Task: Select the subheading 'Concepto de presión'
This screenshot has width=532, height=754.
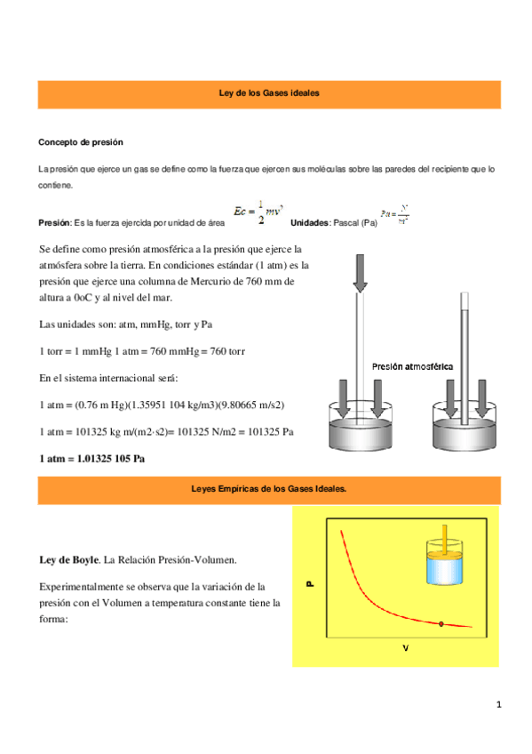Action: [80, 142]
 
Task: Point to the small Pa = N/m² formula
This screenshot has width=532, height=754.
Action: [394, 215]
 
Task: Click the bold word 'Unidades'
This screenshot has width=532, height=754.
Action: [309, 222]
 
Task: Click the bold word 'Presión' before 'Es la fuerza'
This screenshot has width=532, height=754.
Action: [55, 222]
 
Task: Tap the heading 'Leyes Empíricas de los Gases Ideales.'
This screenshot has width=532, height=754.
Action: [268, 489]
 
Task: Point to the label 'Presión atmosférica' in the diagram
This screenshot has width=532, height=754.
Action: [412, 366]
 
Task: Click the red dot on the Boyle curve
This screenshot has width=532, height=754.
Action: [441, 624]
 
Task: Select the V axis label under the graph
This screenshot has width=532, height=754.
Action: [405, 648]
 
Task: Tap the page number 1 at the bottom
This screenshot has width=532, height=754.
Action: [499, 705]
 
